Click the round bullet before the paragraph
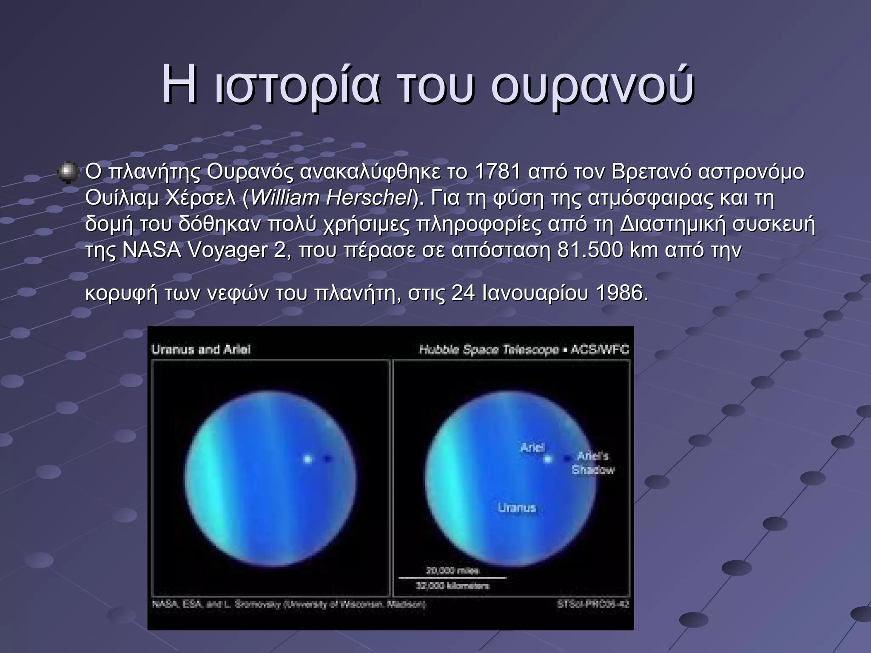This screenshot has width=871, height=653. coord(68,172)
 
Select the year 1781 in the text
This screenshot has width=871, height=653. coord(498,172)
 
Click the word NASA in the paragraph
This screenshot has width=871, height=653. coord(151,250)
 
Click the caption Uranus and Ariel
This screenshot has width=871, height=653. coord(201,349)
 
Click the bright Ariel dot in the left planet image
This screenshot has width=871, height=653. coord(307,459)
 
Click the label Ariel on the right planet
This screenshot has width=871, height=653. coord(532,447)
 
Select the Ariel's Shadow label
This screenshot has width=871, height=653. coord(593,463)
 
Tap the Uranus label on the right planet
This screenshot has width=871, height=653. coord(517,508)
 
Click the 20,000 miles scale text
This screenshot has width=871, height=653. coord(452,571)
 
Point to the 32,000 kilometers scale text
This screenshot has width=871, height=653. coord(452,586)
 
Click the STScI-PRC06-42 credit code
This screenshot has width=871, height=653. coord(592,604)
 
